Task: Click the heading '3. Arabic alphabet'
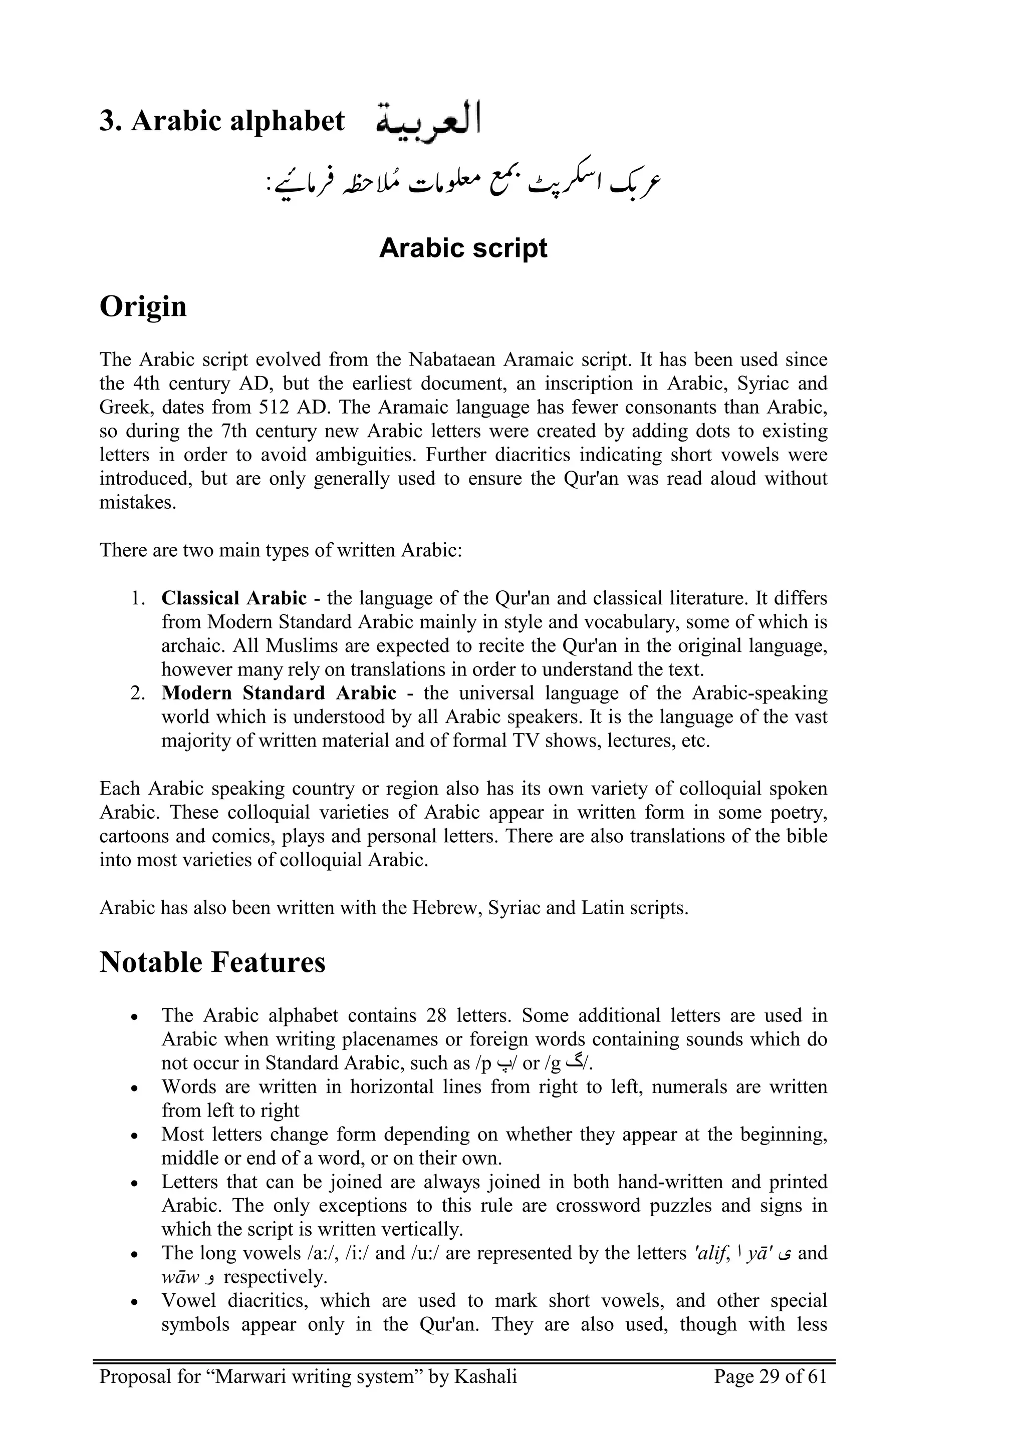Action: coord(222,121)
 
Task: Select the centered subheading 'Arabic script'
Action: coord(462,248)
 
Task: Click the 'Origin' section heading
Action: coord(143,306)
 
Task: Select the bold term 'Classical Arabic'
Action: coord(234,597)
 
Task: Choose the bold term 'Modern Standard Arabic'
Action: coord(279,693)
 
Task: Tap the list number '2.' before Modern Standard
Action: coord(138,693)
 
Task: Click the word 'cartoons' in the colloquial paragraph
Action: coord(132,836)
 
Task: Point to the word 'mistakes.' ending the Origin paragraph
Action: coord(138,502)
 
